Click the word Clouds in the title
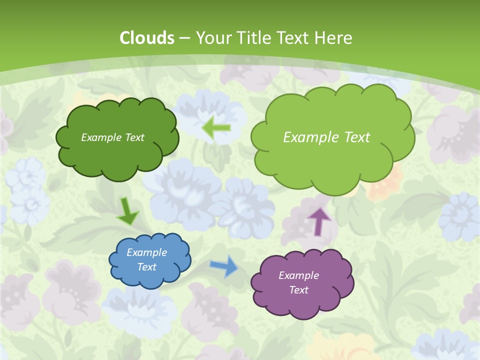pos(147,38)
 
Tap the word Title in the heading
pos(253,38)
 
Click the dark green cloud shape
pos(117,155)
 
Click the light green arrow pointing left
pos(216,128)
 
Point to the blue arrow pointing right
pos(224,266)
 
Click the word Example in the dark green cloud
pos(100,137)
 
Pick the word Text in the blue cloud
pos(147,267)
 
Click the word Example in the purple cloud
pos(298,275)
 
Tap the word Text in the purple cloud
pos(298,290)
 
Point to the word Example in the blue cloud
pos(147,252)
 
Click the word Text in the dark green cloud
pos(133,137)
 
